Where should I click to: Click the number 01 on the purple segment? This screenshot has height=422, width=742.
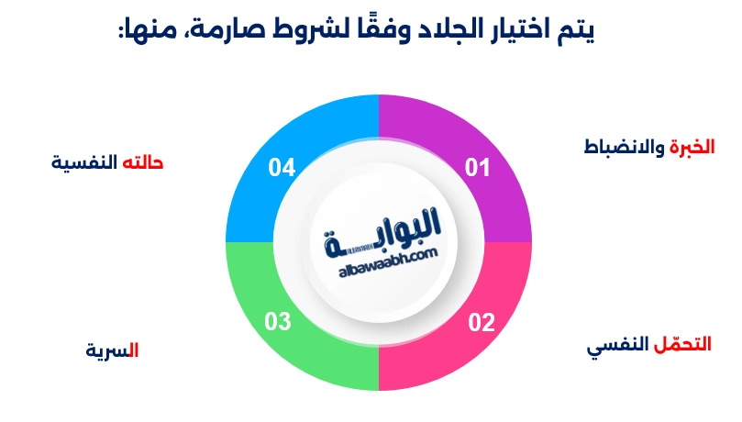(478, 168)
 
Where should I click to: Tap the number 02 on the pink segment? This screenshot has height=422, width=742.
(482, 322)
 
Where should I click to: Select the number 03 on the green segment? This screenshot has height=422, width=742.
(278, 322)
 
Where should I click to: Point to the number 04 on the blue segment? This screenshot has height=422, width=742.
(282, 168)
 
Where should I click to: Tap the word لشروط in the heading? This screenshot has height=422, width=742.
(307, 30)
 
